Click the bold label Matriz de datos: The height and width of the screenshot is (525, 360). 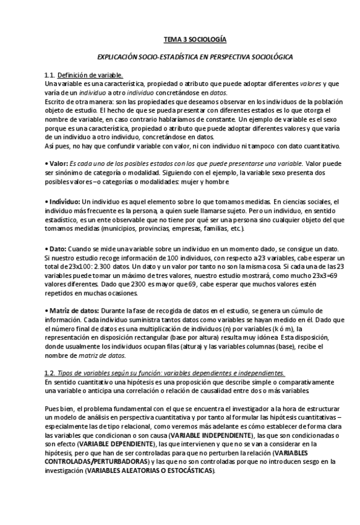pyautogui.click(x=72, y=308)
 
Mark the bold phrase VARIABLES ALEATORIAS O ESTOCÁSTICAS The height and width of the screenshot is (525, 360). pyautogui.click(x=151, y=471)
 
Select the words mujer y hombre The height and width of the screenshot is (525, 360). pyautogui.click(x=202, y=182)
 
